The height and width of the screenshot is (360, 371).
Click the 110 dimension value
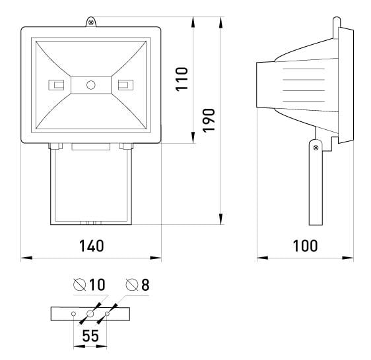(182, 78)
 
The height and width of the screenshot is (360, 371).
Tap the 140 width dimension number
(91, 246)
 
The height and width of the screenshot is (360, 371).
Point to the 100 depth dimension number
(304, 246)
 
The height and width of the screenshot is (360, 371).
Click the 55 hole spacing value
(90, 336)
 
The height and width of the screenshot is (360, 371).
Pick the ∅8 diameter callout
(137, 285)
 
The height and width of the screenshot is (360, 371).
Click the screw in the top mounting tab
(90, 23)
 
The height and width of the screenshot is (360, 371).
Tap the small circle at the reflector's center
(91, 84)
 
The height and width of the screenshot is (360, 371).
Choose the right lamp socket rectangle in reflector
(123, 84)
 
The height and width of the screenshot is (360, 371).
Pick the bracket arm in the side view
(314, 185)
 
